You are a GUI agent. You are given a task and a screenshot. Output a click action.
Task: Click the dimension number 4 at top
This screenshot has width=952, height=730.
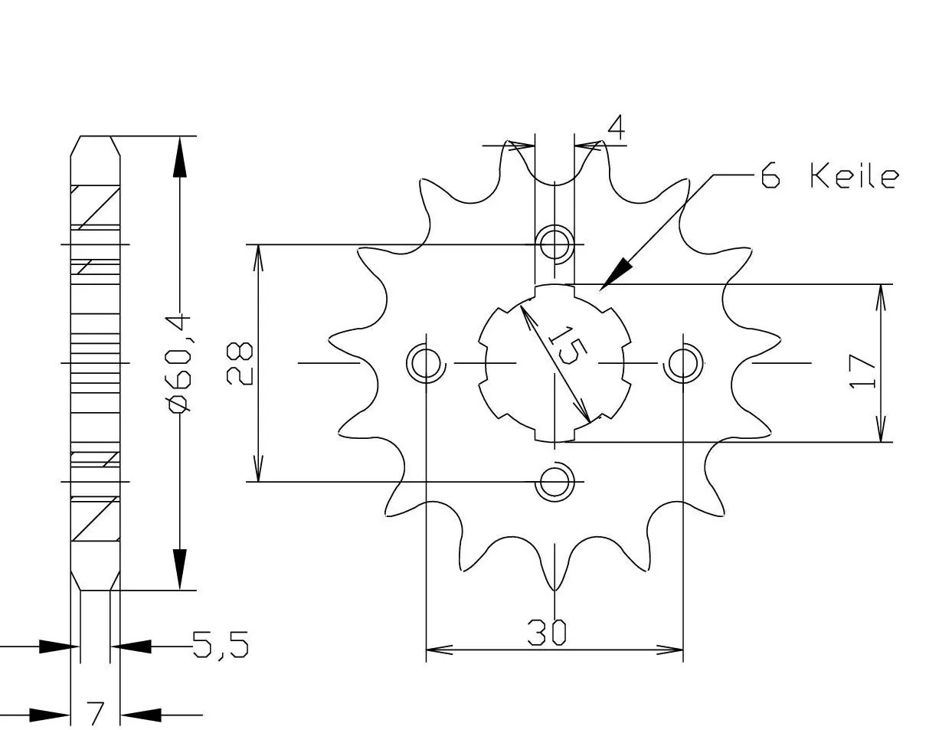click(615, 129)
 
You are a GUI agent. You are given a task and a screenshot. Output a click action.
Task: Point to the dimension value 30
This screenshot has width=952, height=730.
click(547, 632)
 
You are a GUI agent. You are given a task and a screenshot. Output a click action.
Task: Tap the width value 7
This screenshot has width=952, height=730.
click(96, 714)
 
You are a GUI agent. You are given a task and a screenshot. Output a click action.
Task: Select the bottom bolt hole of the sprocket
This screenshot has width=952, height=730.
click(555, 483)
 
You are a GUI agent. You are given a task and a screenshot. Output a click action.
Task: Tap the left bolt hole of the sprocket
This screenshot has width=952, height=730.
click(425, 362)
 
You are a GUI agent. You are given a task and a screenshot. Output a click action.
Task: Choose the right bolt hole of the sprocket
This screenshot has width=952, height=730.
click(682, 362)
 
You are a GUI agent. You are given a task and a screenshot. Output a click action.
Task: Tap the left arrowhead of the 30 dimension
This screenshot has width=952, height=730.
click(440, 650)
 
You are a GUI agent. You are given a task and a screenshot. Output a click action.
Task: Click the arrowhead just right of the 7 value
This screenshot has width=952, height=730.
click(138, 715)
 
